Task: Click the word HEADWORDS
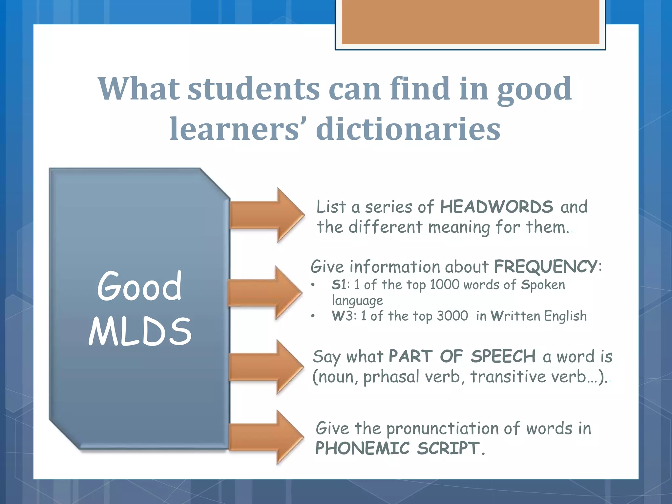pos(496,207)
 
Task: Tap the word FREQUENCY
pos(545,266)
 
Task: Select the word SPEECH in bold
pos(503,356)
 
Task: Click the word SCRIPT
pos(448,448)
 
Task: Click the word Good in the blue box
pos(139,286)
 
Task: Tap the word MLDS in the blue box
pos(140,332)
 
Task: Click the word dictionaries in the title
pos(408,129)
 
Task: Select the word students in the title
pos(254,89)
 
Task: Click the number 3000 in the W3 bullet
pos(452,316)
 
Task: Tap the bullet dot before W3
pos(313,316)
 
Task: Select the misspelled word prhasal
pos(391,377)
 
